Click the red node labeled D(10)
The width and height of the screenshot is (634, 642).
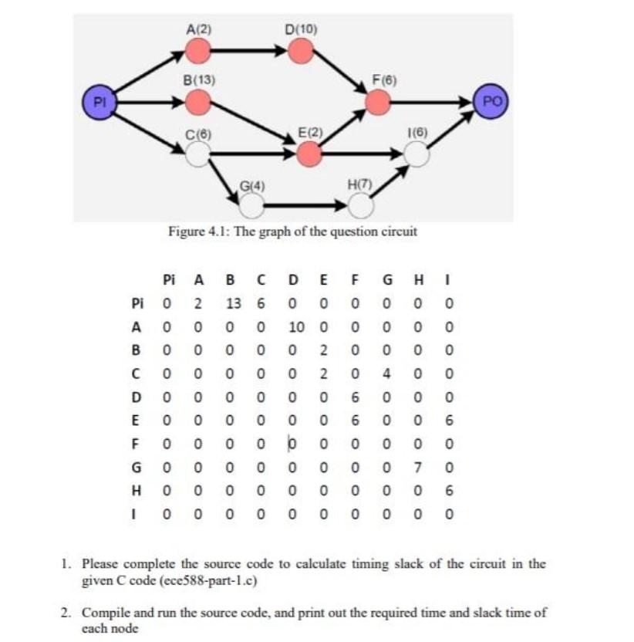coord(301,51)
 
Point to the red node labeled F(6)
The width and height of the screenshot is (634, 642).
coord(378,101)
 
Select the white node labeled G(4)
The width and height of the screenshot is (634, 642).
coord(251,204)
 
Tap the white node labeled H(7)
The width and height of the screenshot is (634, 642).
coord(360,204)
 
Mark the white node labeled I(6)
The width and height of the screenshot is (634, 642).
coord(416,154)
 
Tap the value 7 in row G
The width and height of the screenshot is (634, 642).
coord(417,468)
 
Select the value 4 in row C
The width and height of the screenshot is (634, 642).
coord(390,373)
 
